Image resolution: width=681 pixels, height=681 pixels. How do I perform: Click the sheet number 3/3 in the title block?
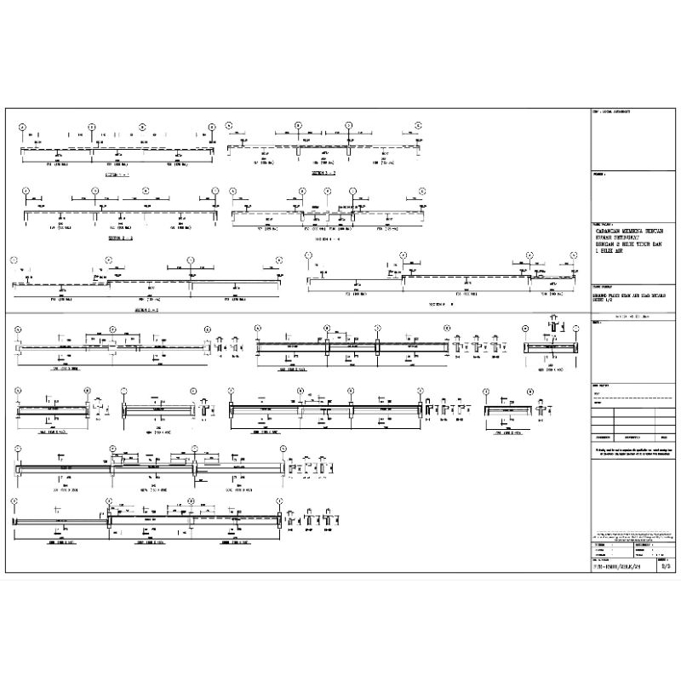tap(665, 564)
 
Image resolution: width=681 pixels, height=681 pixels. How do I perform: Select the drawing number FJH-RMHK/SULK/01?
tap(616, 564)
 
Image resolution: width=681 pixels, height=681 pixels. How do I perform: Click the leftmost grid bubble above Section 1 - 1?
tap(24, 126)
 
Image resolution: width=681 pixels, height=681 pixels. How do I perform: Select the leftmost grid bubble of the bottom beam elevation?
tap(14, 501)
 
